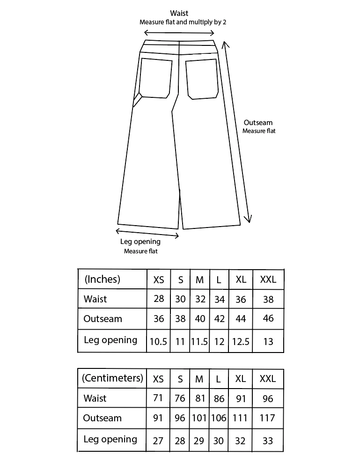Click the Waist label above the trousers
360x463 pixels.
point(179,14)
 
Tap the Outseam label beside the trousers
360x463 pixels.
point(258,123)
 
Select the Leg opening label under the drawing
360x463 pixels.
point(140,242)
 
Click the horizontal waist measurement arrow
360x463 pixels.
point(179,33)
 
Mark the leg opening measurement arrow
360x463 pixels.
point(147,233)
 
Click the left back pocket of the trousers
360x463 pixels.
point(156,78)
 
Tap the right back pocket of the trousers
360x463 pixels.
point(202,79)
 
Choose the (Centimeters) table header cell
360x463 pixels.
point(112,378)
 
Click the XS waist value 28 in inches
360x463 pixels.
point(159,299)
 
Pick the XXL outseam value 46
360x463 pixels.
point(268,319)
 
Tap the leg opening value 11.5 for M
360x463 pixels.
point(199,342)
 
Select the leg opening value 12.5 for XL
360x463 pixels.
point(241,342)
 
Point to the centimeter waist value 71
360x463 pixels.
point(158,398)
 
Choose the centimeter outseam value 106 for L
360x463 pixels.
point(219,418)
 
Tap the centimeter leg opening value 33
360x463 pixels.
point(268,441)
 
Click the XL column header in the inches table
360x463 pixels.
point(241,279)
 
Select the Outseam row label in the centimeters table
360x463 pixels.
point(102,418)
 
